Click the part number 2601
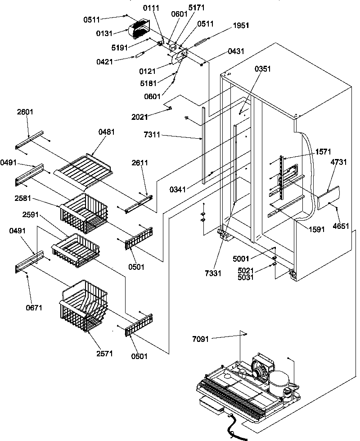[26, 112]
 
